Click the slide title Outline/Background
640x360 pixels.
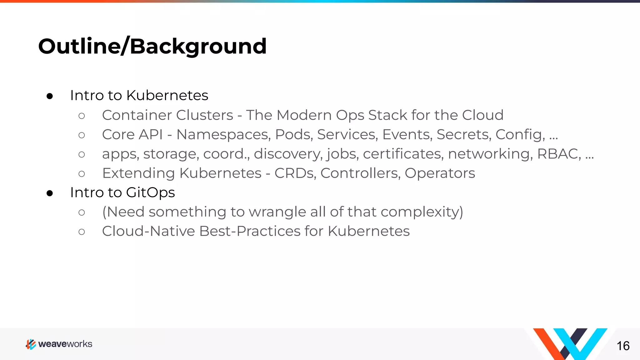(x=152, y=46)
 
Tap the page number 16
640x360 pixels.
(x=623, y=346)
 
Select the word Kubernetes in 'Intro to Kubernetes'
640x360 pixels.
(x=167, y=95)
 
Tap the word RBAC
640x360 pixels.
(x=558, y=154)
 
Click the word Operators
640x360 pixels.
(x=440, y=173)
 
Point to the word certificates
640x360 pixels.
(x=403, y=154)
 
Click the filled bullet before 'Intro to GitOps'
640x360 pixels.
(x=50, y=193)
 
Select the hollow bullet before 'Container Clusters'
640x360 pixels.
(x=82, y=116)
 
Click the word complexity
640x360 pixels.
(x=422, y=212)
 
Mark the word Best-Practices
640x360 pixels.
(x=250, y=231)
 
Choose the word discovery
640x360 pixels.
(x=288, y=154)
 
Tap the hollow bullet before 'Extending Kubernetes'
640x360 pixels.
(x=82, y=174)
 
